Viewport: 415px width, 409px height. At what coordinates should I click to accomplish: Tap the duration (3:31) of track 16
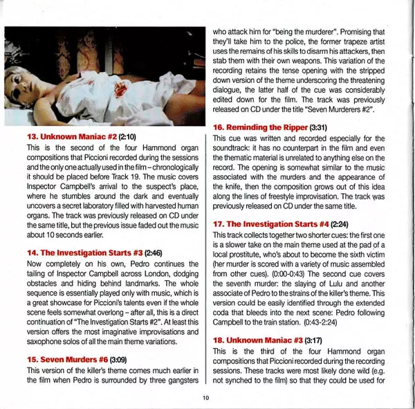[322, 127]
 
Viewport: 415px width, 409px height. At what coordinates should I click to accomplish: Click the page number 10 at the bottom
[205, 397]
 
